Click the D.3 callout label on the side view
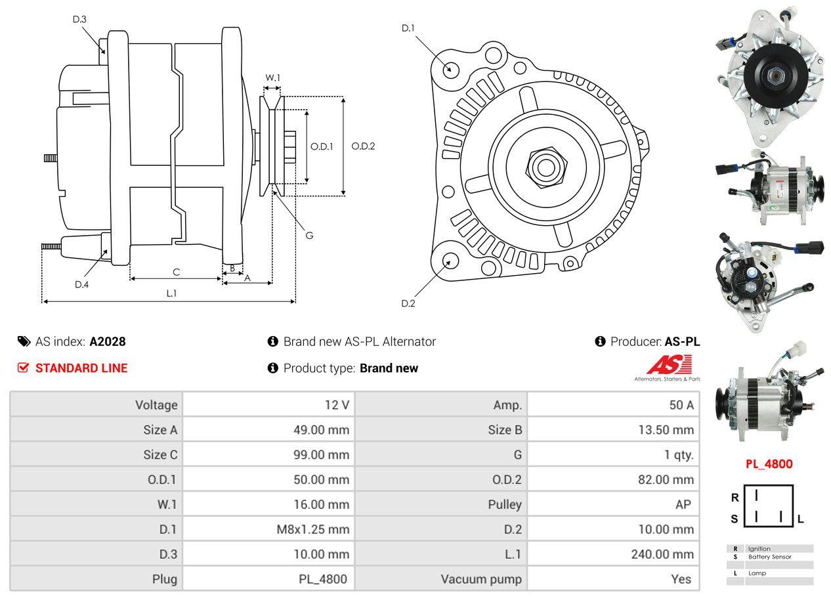pos(79,19)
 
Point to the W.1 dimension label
pos(272,77)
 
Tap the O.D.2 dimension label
pos(363,146)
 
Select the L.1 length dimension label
pos(171,293)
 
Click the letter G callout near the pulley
pos(309,235)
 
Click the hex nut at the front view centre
pos(545,166)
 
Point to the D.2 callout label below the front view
pos(408,303)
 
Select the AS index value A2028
pos(108,341)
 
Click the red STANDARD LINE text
pos(81,368)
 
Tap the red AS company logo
pos(670,365)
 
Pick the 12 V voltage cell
pos(337,405)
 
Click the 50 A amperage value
pos(681,405)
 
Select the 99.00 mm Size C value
pos(321,455)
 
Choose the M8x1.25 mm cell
pos(313,529)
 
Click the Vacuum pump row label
pos(481,579)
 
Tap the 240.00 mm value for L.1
pos(662,554)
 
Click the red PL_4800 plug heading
pos(769,464)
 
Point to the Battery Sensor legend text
pos(769,557)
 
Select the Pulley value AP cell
pos(683,504)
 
